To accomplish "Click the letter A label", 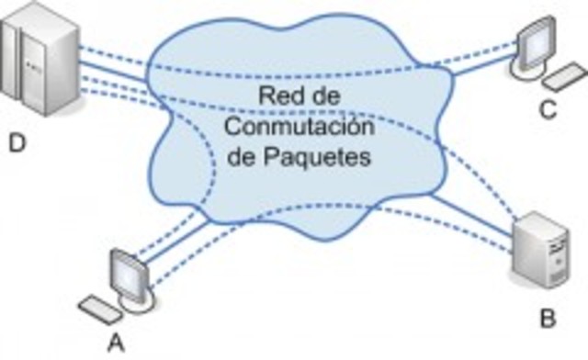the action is pos(117,342).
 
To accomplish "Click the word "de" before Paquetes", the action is pos(239,157).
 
